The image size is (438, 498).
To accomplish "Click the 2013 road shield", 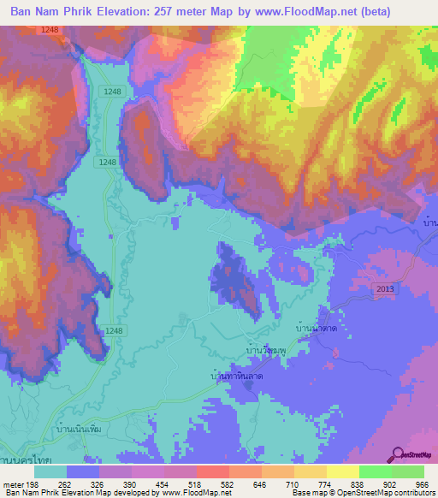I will click(385, 290).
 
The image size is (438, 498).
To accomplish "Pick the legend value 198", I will click(33, 483).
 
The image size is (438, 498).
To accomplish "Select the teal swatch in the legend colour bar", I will click(50, 471).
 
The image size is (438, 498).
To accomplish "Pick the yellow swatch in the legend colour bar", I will click(343, 471).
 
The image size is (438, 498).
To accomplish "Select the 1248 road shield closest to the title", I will click(50, 30).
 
